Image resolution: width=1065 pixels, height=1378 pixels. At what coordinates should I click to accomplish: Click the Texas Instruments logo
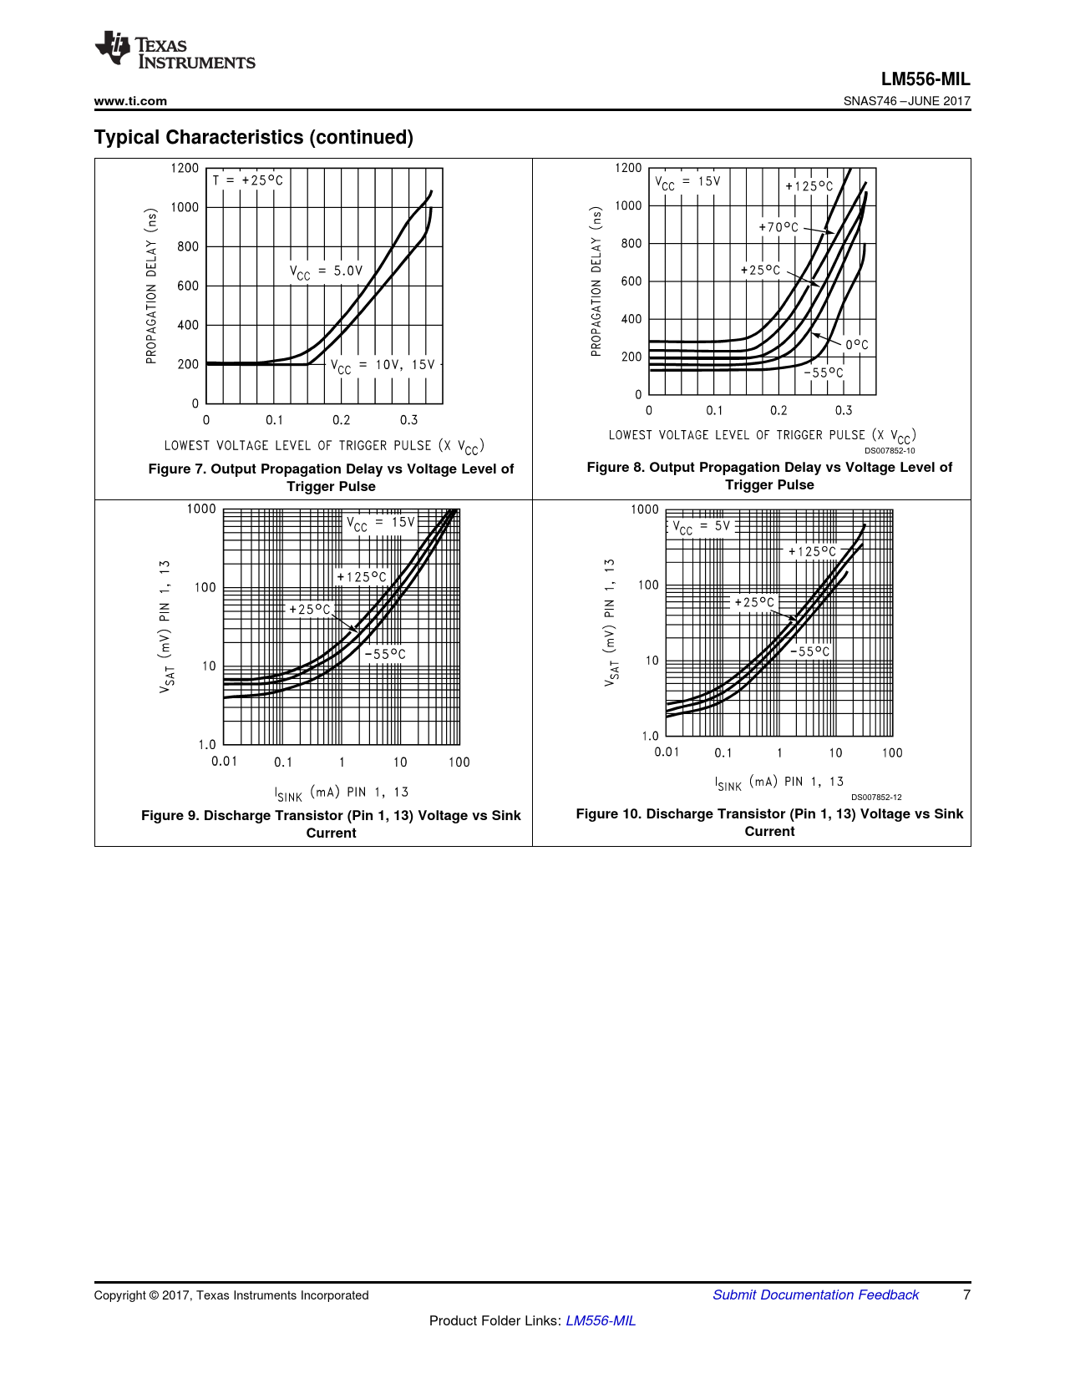(175, 50)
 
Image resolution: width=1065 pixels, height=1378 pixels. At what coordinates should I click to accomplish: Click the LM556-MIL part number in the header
(926, 79)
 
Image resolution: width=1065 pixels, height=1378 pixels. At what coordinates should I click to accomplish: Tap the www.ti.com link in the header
(130, 101)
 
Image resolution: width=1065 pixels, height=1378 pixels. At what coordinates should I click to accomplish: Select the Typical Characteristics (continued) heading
(254, 137)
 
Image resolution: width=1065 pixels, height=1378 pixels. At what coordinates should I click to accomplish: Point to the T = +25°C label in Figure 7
(248, 180)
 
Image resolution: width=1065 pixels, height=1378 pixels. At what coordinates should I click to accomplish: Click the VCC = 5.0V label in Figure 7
(327, 271)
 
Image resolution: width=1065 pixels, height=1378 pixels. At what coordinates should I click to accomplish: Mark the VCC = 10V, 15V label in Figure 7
(383, 365)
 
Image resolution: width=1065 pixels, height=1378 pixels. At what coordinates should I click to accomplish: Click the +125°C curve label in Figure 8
(809, 186)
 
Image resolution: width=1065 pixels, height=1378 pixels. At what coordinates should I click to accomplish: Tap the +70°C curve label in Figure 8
(778, 227)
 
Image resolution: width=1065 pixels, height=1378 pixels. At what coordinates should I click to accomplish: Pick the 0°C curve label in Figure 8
(856, 345)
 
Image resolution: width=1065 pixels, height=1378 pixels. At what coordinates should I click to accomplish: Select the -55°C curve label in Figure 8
(824, 373)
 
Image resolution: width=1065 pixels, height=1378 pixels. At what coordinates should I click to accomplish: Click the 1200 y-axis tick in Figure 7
(185, 168)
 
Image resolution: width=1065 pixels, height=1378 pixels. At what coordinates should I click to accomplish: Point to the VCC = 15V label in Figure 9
(381, 523)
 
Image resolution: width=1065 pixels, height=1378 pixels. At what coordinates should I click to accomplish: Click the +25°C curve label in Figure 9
(310, 610)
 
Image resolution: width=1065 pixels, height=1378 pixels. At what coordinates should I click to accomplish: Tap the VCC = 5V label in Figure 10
(702, 526)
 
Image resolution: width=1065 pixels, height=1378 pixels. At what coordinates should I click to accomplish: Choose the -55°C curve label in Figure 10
(810, 651)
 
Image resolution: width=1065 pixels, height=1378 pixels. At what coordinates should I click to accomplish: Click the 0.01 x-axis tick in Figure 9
(224, 761)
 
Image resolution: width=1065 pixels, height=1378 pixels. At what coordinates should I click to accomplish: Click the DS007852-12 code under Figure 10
(876, 798)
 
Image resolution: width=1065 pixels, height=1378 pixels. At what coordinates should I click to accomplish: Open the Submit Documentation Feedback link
(815, 1294)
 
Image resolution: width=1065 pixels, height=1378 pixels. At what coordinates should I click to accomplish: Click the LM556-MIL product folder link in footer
(601, 1320)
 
